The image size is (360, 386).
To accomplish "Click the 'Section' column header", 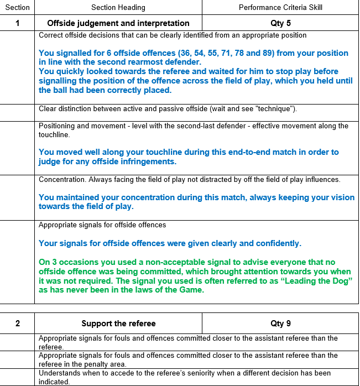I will [17, 7].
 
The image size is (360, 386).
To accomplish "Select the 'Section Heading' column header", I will [118, 7].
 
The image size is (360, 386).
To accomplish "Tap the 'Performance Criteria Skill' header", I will [280, 7].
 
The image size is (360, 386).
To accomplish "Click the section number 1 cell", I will [18, 23].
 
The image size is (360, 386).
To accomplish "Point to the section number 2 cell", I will [18, 324].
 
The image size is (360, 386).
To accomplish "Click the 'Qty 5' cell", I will [280, 23].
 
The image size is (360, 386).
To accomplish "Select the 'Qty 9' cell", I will [280, 324].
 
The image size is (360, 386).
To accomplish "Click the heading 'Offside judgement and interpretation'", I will [118, 23].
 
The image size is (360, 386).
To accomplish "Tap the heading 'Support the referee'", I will [118, 324].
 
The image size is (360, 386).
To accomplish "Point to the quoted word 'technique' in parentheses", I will [273, 109].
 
